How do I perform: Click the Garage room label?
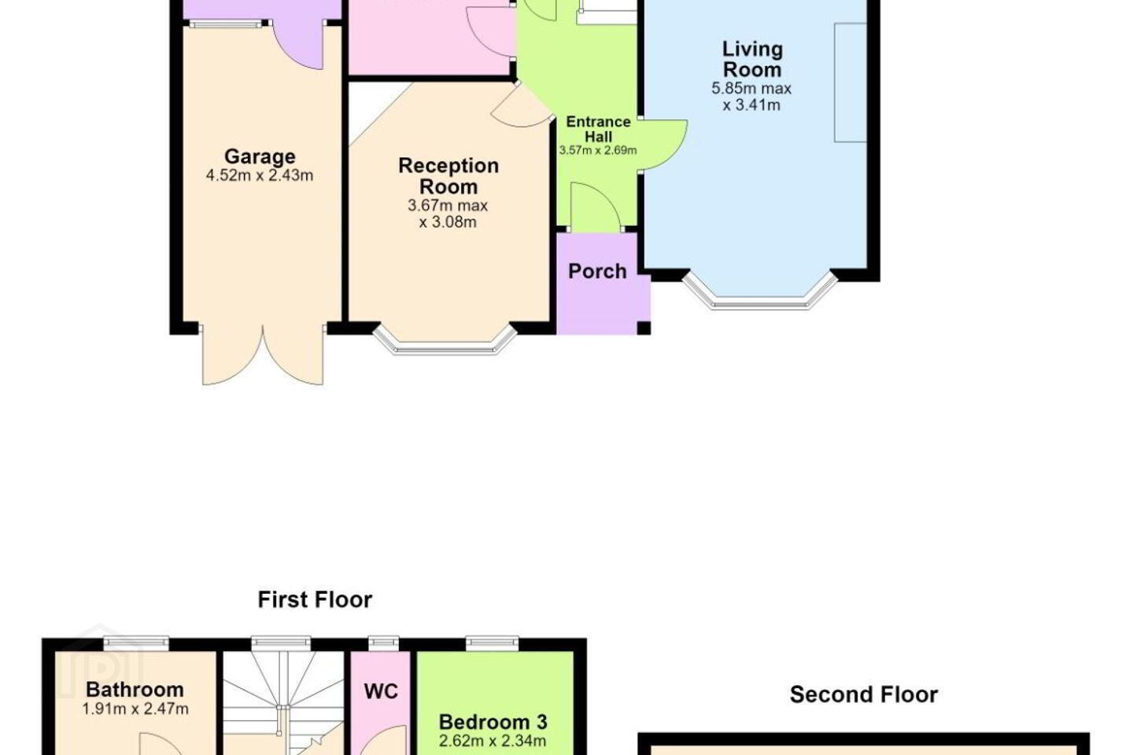pyautogui.click(x=260, y=157)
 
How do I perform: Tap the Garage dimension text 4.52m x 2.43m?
pyautogui.click(x=260, y=175)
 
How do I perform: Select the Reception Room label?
pyautogui.click(x=448, y=176)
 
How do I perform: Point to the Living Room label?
pyautogui.click(x=752, y=59)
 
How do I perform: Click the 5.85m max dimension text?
pyautogui.click(x=751, y=89)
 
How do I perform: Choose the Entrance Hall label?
pyautogui.click(x=598, y=129)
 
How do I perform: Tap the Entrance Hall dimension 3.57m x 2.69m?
pyautogui.click(x=598, y=150)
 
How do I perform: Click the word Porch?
pyautogui.click(x=597, y=271)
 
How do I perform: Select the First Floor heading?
pyautogui.click(x=315, y=599)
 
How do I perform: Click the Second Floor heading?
pyautogui.click(x=864, y=694)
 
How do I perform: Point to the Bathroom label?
pyautogui.click(x=135, y=689)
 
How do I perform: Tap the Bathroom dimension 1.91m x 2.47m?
pyautogui.click(x=135, y=709)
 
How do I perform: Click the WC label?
pyautogui.click(x=381, y=691)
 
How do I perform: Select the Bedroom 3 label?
pyautogui.click(x=493, y=722)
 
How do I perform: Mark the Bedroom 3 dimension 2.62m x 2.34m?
pyautogui.click(x=493, y=742)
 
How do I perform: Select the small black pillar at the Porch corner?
pyautogui.click(x=644, y=328)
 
